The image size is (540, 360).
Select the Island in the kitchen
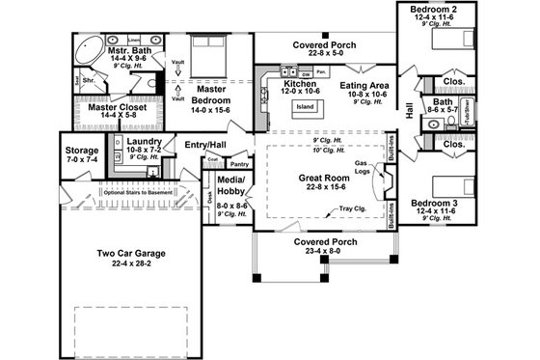click(x=306, y=106)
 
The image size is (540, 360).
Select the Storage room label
click(x=82, y=152)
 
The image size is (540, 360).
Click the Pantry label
click(x=239, y=165)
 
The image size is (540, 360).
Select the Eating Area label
click(x=364, y=86)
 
